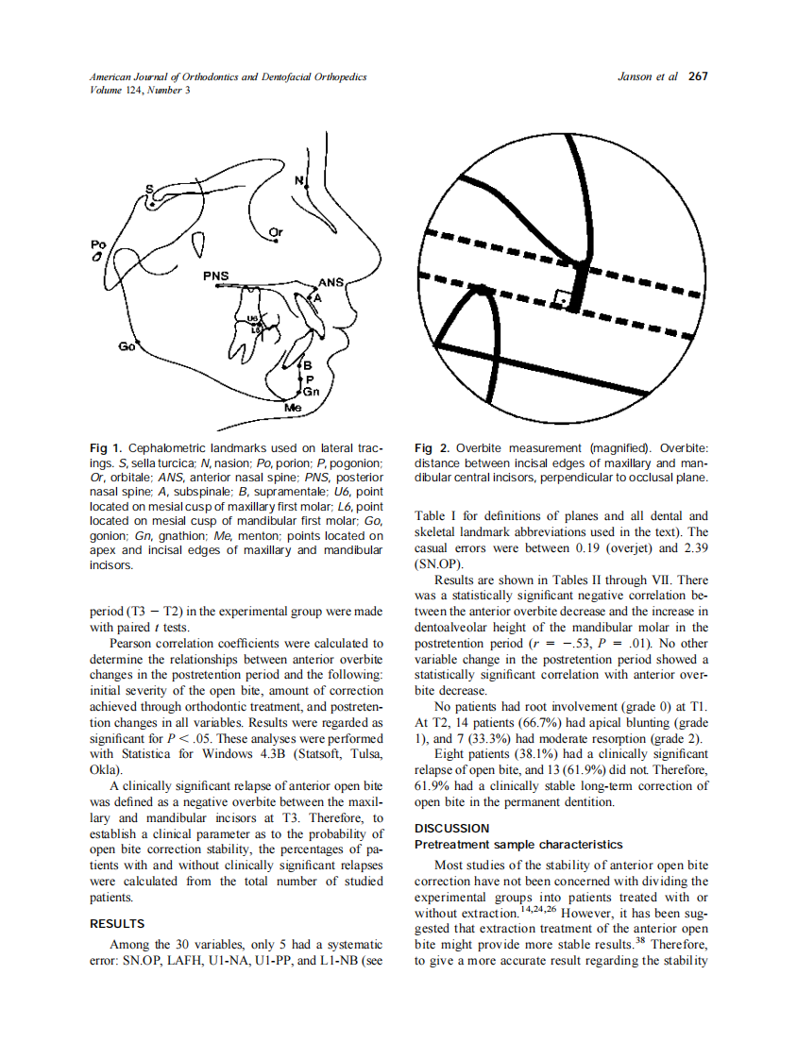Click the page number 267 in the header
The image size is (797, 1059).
[698, 76]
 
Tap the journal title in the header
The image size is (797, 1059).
[228, 76]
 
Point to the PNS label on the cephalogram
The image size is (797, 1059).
[215, 276]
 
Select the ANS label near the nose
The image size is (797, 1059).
[331, 281]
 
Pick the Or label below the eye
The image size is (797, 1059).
[275, 231]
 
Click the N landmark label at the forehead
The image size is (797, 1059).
[299, 179]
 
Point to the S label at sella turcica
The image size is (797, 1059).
[148, 189]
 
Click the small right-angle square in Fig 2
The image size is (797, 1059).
[565, 299]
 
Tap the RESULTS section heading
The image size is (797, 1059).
[116, 923]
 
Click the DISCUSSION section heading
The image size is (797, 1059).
[452, 828]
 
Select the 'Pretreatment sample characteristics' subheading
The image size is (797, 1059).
[518, 844]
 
